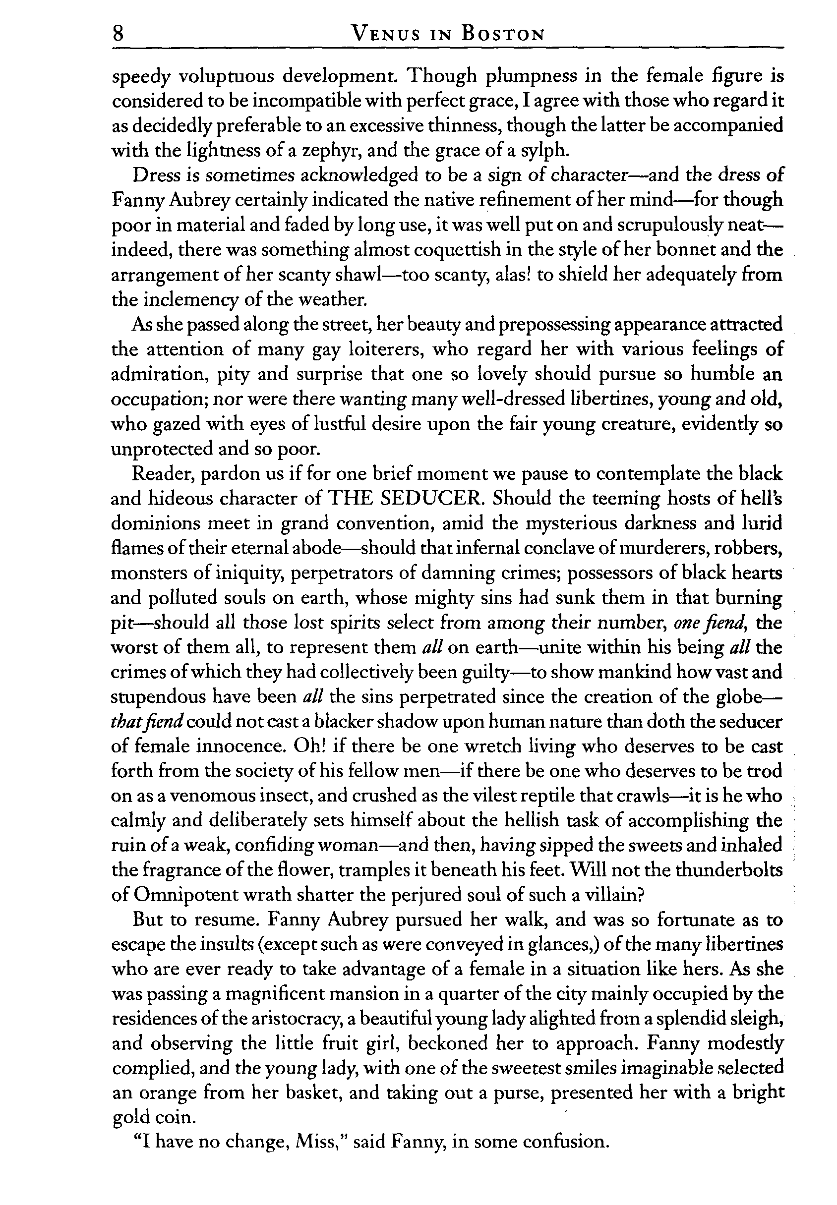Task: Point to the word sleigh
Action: [x=756, y=1019]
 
